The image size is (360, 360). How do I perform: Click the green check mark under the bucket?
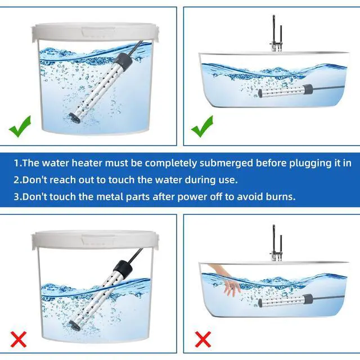20,127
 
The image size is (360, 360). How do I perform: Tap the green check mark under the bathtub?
202,127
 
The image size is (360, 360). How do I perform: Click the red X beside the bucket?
19,339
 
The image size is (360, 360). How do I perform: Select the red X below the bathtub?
203,339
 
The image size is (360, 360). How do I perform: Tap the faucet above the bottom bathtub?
276,242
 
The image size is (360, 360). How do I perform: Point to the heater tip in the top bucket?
74,118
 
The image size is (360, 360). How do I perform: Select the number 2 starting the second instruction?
16,180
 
